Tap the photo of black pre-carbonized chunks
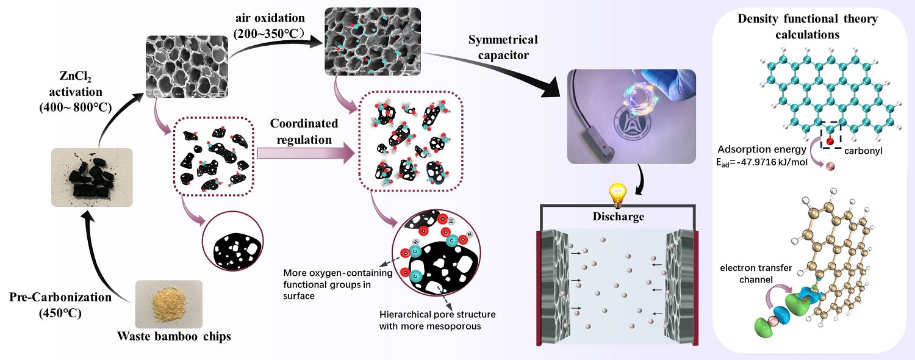[91, 177]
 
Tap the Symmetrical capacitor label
[503, 47]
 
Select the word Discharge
[619, 217]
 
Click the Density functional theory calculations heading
[808, 26]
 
